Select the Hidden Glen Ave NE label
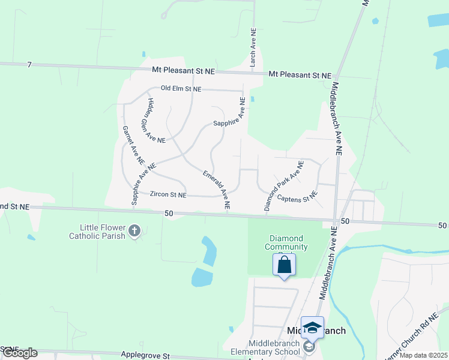point(156,121)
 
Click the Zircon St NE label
point(168,195)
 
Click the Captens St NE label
point(296,196)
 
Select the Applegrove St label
point(146,355)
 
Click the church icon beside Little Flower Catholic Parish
point(134,230)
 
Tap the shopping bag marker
point(284,265)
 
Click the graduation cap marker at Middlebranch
point(312,328)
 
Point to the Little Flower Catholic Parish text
point(103,232)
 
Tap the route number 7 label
point(28,64)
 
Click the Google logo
point(20,353)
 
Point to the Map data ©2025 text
point(423,355)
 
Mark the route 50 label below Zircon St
point(169,214)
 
